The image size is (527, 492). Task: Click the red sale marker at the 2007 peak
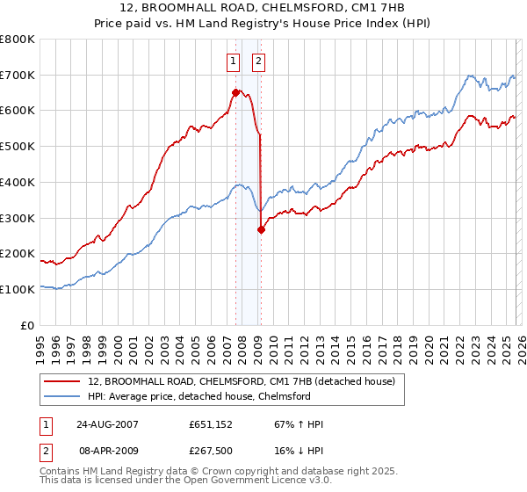pos(235,92)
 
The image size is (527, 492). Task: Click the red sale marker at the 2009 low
pos(261,229)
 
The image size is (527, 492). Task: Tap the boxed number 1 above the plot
pos(234,61)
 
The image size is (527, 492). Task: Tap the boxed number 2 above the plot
pos(260,61)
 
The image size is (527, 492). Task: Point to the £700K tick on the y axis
pos(18,75)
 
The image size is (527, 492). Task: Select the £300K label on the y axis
pos(18,218)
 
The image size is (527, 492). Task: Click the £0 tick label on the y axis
pos(27,325)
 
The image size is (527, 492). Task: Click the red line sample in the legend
pos(62,382)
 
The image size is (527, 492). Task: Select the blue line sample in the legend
pos(62,396)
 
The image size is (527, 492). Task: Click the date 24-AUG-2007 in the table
pos(108,424)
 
